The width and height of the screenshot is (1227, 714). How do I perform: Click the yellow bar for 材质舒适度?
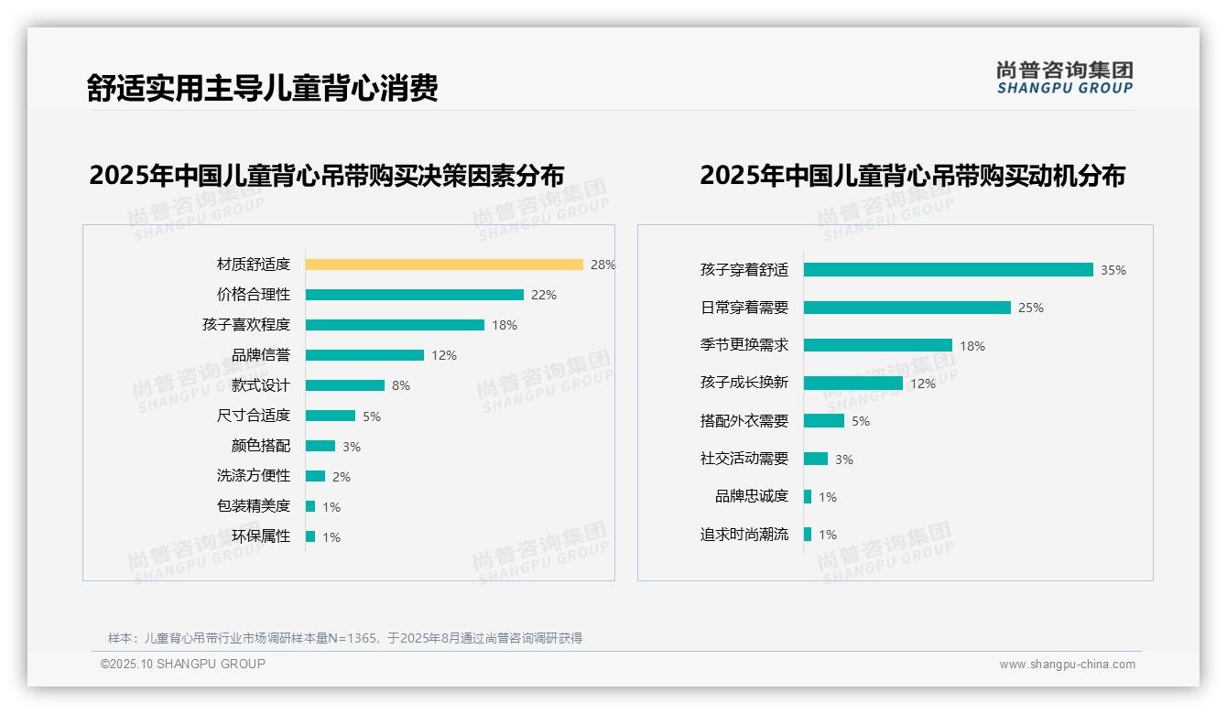coord(444,265)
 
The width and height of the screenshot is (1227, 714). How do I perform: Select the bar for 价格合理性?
coord(414,295)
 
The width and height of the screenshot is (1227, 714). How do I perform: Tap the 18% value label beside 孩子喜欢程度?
coord(505,325)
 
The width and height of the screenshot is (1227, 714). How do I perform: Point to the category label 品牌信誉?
coord(260,355)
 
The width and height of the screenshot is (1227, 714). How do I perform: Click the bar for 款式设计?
coord(345,385)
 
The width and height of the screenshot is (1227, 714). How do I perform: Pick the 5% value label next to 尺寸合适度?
coord(371,416)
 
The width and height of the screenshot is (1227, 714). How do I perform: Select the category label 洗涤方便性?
coord(253,476)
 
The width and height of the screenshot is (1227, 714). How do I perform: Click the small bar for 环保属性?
coord(310,536)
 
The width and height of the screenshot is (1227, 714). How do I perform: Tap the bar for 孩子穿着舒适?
coord(948,270)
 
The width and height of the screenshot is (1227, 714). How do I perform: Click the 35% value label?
coord(1113,270)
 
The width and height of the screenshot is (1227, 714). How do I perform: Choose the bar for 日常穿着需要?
coord(907,308)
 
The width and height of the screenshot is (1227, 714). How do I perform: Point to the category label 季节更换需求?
coord(744,345)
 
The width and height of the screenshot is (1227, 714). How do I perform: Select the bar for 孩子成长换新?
coord(852,384)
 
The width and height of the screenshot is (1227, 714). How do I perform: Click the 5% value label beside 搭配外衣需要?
coord(860,421)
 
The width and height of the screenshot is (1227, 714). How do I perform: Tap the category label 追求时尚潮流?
coord(744,535)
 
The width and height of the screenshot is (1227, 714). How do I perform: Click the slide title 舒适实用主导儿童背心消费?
coord(262,88)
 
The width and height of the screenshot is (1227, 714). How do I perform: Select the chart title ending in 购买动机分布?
coord(912,175)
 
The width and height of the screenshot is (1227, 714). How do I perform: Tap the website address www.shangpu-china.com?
coord(1067,665)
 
